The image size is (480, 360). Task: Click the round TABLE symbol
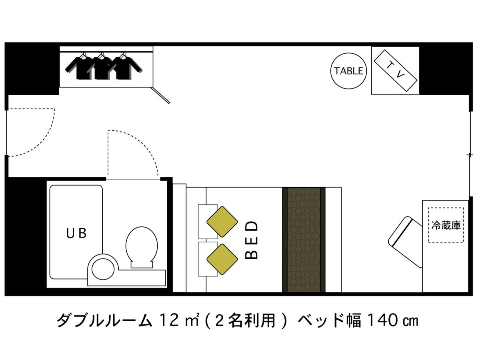(x=348, y=71)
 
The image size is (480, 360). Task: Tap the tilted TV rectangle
(x=395, y=70)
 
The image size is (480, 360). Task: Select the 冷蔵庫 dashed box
(x=446, y=225)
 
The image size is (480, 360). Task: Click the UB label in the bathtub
(x=76, y=233)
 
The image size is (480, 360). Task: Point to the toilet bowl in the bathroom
(x=142, y=247)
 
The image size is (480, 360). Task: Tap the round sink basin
(x=103, y=269)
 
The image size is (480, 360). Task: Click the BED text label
(x=251, y=240)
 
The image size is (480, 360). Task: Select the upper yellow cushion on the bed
(x=222, y=222)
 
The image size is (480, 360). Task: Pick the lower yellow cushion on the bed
(x=222, y=259)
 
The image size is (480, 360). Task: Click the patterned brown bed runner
(x=304, y=240)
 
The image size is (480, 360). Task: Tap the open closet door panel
(x=160, y=95)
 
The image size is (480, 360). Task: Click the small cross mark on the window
(x=470, y=155)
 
